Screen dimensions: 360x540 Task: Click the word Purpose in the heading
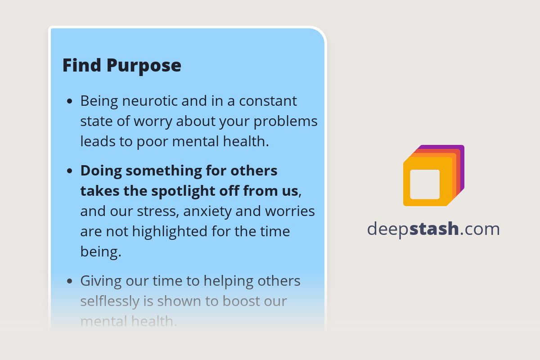pyautogui.click(x=144, y=66)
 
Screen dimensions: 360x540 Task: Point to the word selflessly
pyautogui.click(x=109, y=301)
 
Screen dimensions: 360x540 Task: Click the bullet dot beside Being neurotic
pyautogui.click(x=69, y=101)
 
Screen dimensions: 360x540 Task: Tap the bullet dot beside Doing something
pyautogui.click(x=69, y=171)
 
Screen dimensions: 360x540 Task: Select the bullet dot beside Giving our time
pyautogui.click(x=69, y=281)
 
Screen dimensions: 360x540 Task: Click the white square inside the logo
pyautogui.click(x=425, y=184)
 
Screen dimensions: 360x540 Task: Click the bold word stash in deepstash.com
pyautogui.click(x=434, y=229)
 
